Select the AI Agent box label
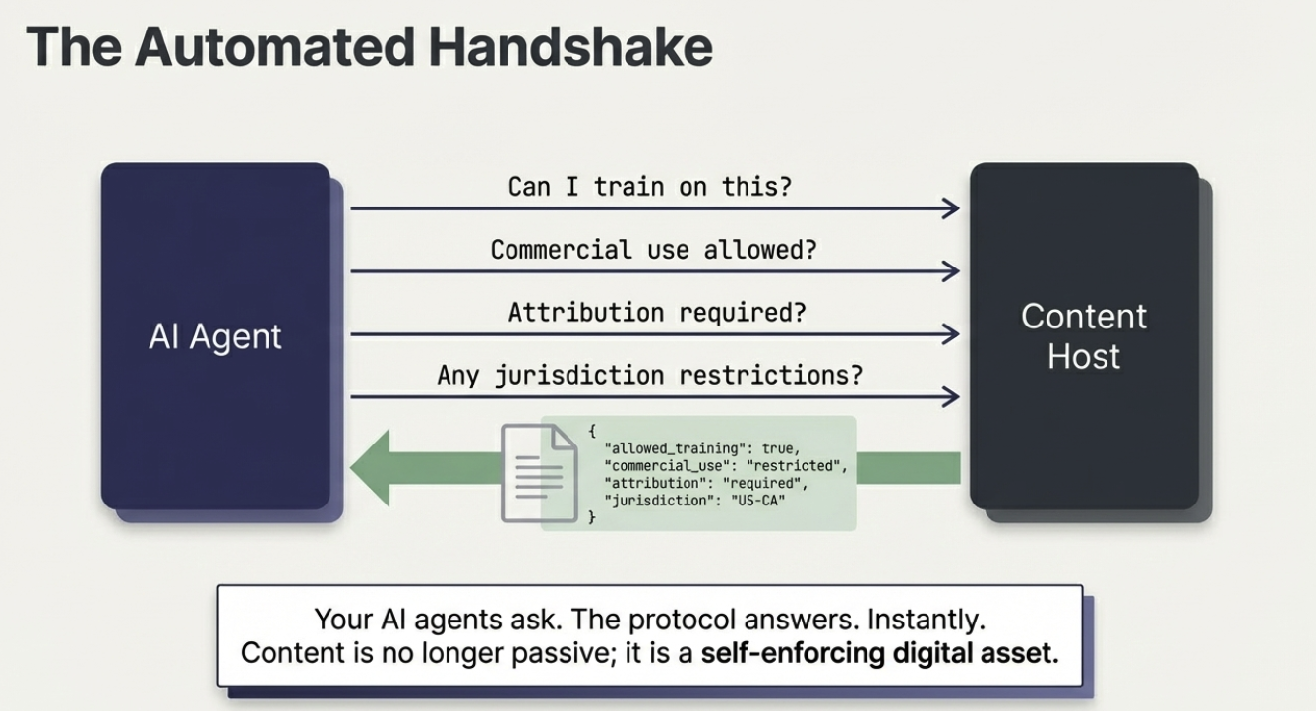[215, 336]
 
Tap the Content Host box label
[1083, 336]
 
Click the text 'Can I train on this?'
[649, 187]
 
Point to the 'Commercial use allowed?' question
[653, 250]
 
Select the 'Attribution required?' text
[657, 313]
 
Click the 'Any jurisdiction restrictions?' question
[649, 375]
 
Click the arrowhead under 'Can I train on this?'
[950, 207]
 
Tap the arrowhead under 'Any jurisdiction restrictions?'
[950, 397]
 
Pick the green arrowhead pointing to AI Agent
[374, 467]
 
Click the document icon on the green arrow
[538, 472]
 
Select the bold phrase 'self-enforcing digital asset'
[879, 653]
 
